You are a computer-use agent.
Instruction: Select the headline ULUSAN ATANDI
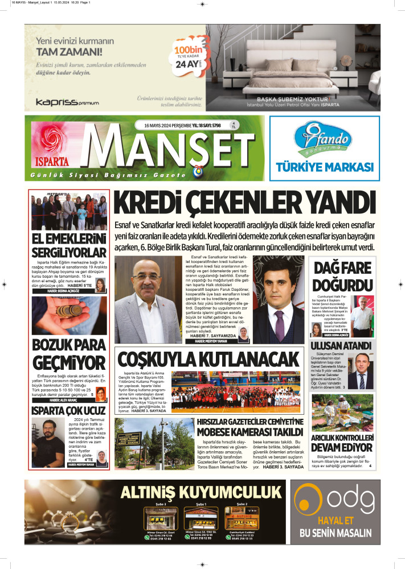click(x=341, y=345)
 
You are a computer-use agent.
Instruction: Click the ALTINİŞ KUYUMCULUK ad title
click(x=203, y=491)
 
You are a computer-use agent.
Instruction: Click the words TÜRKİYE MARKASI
click(x=324, y=167)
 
